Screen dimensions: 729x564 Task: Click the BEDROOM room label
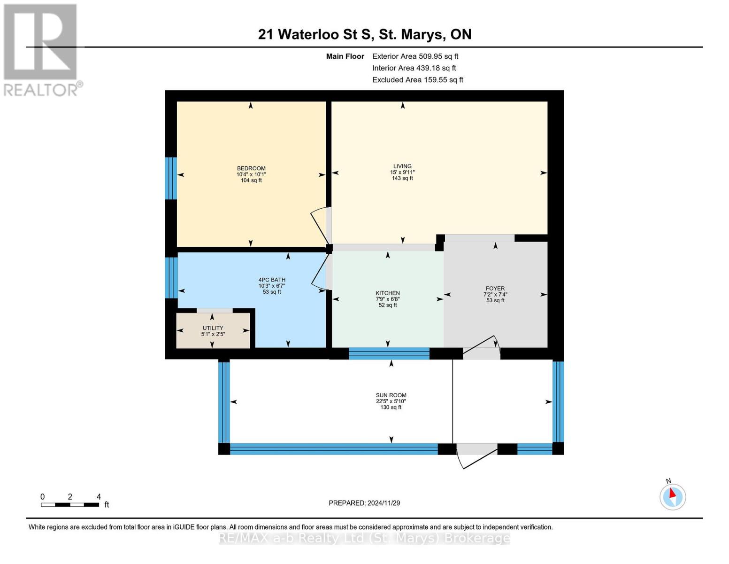(x=251, y=168)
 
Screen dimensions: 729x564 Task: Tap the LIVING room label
(x=402, y=166)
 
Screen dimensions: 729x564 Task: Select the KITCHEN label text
(x=387, y=293)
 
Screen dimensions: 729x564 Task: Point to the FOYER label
(x=495, y=288)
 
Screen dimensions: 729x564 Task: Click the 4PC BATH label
(x=272, y=280)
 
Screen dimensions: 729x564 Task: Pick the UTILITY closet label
(x=213, y=328)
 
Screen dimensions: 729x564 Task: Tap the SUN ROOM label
(x=391, y=395)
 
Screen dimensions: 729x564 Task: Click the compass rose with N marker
(x=672, y=495)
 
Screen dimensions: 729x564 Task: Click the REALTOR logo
(x=40, y=50)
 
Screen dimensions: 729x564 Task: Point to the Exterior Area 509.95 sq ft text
(x=415, y=56)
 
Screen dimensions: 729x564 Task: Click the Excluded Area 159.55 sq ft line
(x=418, y=80)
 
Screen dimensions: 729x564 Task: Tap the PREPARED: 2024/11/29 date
(x=364, y=503)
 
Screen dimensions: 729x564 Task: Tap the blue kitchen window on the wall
(x=389, y=353)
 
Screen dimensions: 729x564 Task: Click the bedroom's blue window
(x=171, y=179)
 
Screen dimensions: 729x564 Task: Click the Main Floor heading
(x=345, y=56)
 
